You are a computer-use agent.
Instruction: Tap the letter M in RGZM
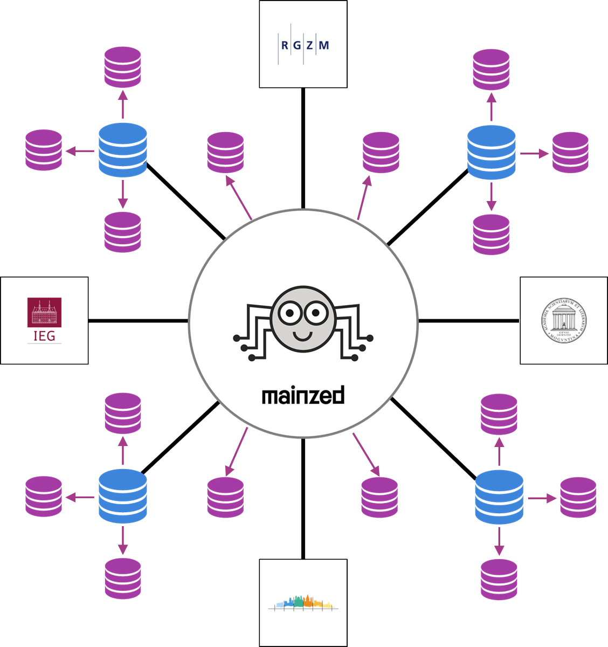click(323, 46)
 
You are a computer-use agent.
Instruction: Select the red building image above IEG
click(44, 312)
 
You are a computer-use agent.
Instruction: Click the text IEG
click(44, 336)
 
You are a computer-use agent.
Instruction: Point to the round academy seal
click(564, 321)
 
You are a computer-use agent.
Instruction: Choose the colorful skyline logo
click(303, 602)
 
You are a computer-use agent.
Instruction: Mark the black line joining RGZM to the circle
click(303, 148)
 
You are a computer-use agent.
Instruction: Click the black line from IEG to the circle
click(138, 321)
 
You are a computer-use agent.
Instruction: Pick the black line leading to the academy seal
click(469, 321)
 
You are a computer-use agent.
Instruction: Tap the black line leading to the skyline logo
click(303, 499)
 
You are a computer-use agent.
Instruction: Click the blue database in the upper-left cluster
click(123, 150)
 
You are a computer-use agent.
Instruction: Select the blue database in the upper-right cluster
click(491, 153)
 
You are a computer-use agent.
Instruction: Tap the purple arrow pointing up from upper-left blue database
click(123, 104)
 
